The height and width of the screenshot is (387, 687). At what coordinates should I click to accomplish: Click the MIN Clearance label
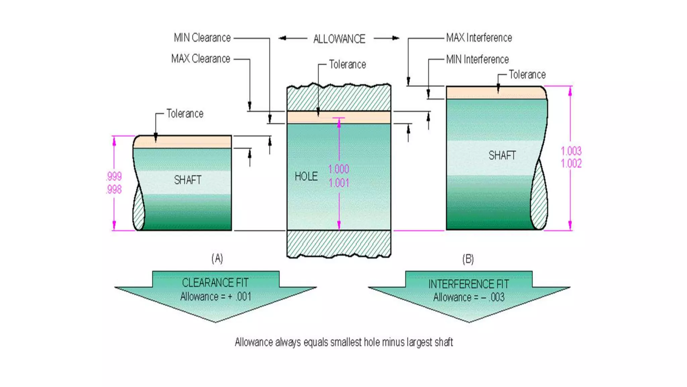point(202,38)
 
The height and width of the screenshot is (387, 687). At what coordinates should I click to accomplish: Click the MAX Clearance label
point(201,59)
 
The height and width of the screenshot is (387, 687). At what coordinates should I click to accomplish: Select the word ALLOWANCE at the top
point(339,39)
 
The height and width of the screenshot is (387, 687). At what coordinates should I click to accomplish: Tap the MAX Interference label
point(479,38)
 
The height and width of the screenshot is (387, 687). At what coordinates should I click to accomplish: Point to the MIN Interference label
point(477,59)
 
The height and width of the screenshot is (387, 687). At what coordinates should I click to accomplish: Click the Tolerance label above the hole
point(347,64)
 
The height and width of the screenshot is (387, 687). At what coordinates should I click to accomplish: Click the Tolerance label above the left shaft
point(185,114)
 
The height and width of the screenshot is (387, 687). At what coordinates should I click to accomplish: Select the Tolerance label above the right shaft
point(527,75)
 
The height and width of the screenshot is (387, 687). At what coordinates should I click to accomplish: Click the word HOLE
point(306,176)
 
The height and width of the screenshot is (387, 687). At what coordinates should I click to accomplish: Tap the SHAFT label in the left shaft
point(188,180)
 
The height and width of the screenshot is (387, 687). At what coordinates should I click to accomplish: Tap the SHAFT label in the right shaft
point(502,155)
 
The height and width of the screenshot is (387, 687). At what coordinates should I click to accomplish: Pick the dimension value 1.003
point(571,151)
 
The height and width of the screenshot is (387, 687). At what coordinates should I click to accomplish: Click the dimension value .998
point(114,189)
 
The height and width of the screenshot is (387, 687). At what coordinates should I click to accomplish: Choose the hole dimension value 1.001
point(339,183)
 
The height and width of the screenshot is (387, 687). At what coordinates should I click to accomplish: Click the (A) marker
point(217,258)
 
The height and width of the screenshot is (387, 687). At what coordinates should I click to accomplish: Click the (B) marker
point(468,259)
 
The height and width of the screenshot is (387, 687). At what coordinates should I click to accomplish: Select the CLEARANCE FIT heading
point(215,283)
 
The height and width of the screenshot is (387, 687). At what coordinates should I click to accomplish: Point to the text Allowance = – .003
point(469,297)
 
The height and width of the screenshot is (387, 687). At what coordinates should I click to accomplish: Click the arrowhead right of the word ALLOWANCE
point(396,38)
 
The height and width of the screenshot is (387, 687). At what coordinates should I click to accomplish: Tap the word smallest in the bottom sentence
point(346,342)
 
